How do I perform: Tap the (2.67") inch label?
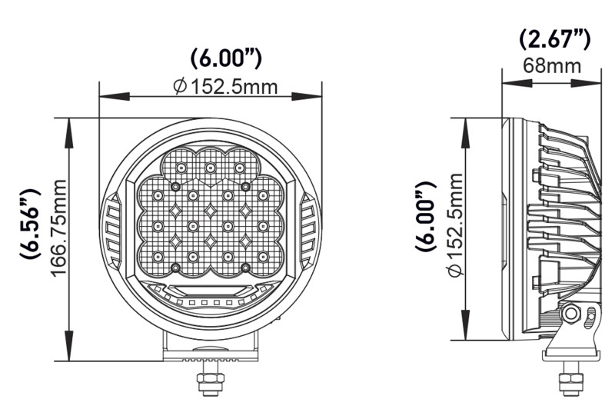coord(553,38)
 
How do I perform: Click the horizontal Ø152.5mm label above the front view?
coord(224,85)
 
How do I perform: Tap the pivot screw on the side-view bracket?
coord(572,314)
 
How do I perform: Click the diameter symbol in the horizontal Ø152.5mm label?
coord(179,86)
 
